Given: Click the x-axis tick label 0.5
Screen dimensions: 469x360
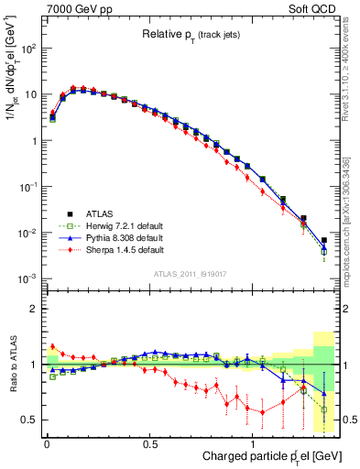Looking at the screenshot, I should click(x=150, y=442).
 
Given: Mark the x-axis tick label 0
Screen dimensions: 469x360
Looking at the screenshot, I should click(x=47, y=442).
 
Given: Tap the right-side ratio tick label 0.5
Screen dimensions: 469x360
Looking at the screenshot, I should click(x=350, y=420).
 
